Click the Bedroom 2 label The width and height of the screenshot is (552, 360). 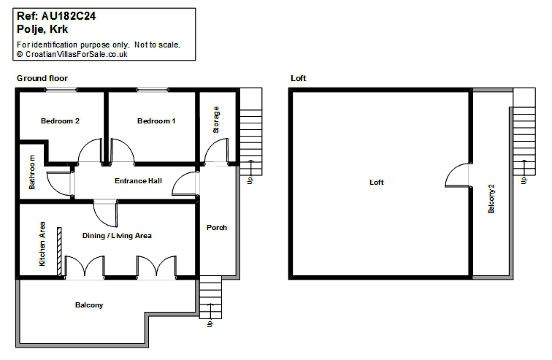pos(60,121)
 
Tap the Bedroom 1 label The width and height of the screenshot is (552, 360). pos(156,121)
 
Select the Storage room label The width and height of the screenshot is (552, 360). pos(216,120)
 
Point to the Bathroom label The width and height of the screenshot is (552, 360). pos(31,172)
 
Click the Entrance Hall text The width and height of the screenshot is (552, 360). pos(138,181)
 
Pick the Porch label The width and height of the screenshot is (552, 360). pos(217,228)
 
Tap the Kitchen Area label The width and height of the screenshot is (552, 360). pos(42,244)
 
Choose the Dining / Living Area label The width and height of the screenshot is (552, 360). pos(117,236)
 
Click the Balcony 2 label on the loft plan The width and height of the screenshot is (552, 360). pos(491,199)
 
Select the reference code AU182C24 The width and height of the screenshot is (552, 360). pos(69,16)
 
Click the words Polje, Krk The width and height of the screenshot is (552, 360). pos(42,29)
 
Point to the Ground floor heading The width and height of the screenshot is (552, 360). pos(42,78)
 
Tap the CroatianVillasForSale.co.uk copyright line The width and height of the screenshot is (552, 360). pos(72,54)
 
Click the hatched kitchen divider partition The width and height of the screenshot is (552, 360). pos(59,252)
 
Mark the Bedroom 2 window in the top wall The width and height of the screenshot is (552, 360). pos(61,90)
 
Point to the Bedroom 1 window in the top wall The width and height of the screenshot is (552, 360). pos(153,90)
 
